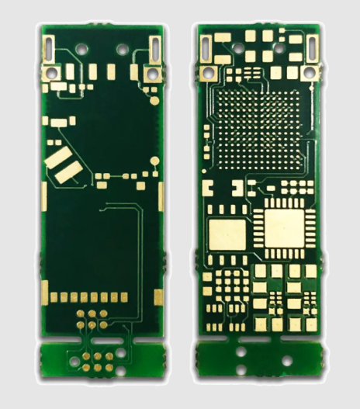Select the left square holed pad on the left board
pyautogui.click(x=55, y=72)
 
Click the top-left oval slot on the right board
pyautogui.click(x=206, y=47)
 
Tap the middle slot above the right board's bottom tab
pyautogui.click(x=258, y=339)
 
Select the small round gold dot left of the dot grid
pyautogui.click(x=206, y=127)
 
